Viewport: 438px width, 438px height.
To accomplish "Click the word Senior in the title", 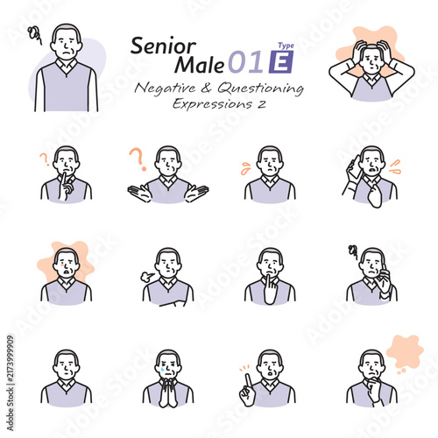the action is click(163, 46).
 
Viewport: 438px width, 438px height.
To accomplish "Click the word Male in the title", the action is click(200, 65).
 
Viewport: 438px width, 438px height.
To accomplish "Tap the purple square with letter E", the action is click(281, 62).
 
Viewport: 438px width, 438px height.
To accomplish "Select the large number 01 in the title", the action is click(246, 62).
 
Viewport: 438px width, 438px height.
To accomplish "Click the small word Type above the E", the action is click(286, 46).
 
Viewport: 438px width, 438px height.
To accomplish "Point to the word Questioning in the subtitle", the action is click(260, 88).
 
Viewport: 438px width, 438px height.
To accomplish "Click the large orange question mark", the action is click(138, 159).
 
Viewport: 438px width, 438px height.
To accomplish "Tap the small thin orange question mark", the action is click(45, 160).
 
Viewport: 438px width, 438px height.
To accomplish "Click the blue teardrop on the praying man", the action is click(162, 369).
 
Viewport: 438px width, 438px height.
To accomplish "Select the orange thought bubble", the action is click(405, 352).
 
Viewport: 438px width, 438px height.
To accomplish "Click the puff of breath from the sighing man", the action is click(146, 276).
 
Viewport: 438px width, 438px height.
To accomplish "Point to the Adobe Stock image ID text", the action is click(11, 383).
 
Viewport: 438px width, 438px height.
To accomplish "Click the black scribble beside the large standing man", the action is click(35, 34).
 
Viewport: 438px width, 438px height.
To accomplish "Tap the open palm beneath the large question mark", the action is click(139, 193).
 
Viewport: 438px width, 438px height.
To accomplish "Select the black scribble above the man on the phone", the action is click(353, 252).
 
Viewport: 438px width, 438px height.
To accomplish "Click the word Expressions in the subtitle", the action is click(212, 104).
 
